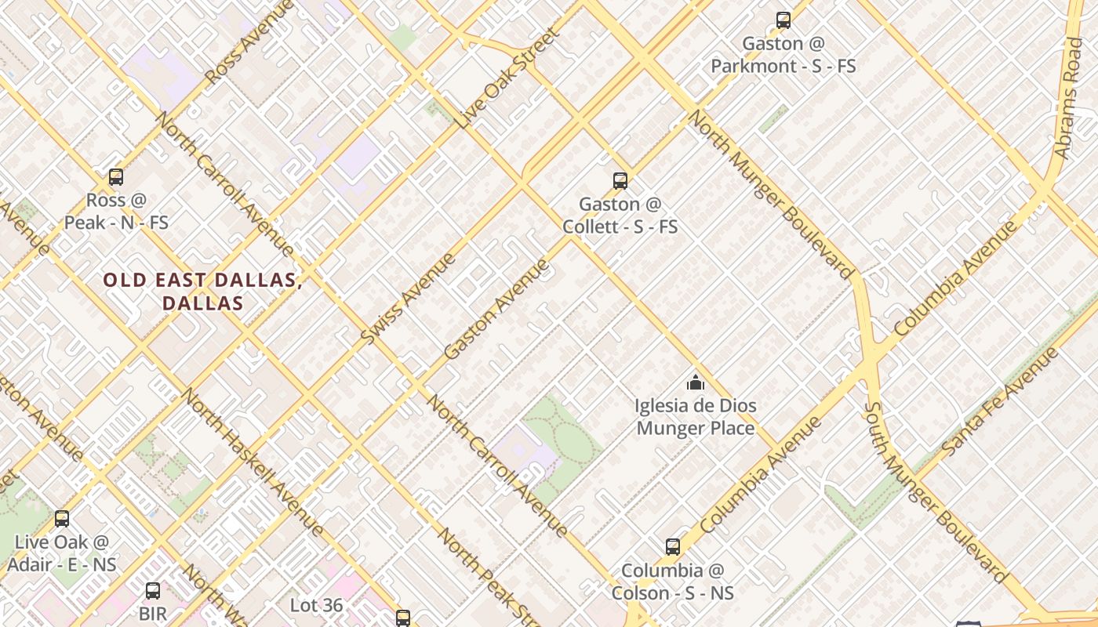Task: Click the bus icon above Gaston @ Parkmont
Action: [783, 20]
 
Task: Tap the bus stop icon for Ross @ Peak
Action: [116, 177]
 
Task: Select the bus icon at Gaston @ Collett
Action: [620, 181]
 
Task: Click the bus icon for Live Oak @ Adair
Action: [62, 518]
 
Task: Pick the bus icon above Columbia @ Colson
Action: [672, 546]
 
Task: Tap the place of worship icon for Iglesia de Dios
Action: [695, 382]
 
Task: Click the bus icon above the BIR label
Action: [153, 590]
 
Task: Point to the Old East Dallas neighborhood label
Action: [202, 291]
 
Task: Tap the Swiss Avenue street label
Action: [408, 298]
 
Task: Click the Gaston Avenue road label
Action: [496, 309]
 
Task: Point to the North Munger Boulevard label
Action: [770, 194]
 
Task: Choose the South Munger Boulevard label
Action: [933, 493]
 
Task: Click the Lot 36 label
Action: [316, 605]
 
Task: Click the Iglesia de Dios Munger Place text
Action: [695, 417]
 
